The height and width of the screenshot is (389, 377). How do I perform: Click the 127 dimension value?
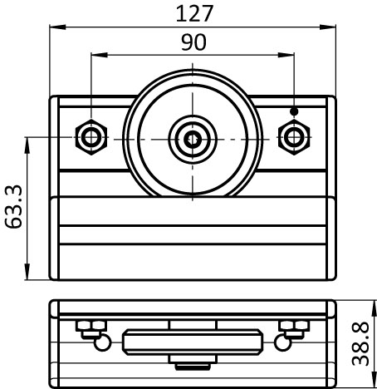tap(194, 14)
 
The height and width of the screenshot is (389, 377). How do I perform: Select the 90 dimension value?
tap(193, 42)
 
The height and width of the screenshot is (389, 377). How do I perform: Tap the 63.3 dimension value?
tap(14, 206)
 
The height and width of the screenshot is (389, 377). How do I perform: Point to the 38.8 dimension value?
tap(360, 343)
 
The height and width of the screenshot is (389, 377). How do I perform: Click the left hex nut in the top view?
tap(91, 137)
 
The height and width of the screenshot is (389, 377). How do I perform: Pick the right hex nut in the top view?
tap(294, 137)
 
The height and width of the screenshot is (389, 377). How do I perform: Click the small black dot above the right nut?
tap(294, 111)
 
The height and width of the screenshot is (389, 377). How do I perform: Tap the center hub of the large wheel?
tap(193, 139)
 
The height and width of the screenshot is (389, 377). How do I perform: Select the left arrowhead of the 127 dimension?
tap(57, 27)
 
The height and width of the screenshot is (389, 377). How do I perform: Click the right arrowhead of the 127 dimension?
tap(328, 27)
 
